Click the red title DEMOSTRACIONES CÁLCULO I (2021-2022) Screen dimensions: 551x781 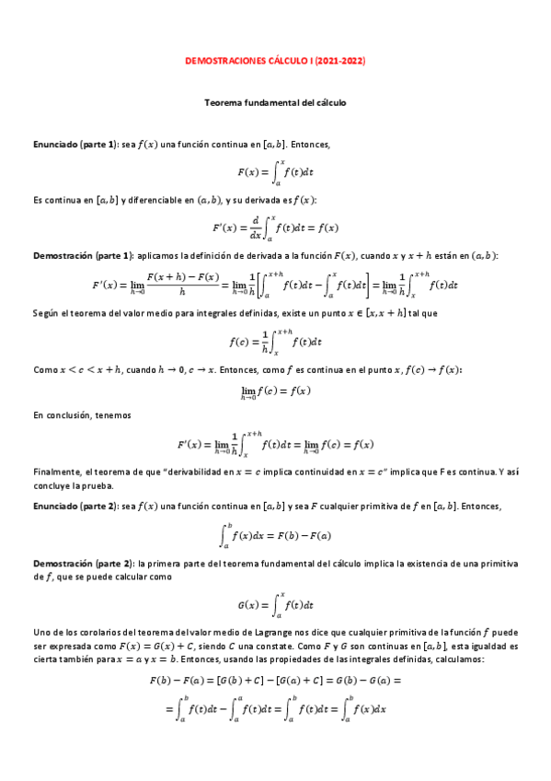point(275,61)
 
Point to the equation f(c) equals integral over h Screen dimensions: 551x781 point(275,342)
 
